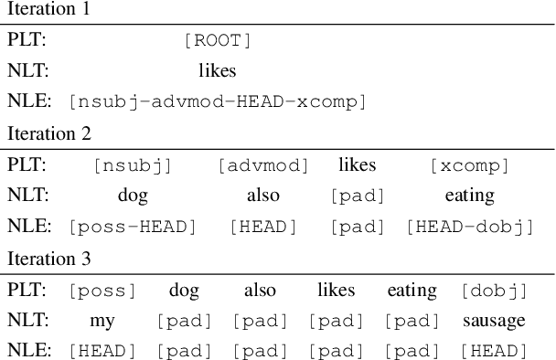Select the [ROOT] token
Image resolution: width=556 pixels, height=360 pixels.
click(217, 40)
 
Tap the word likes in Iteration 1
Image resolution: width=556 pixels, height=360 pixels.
click(217, 70)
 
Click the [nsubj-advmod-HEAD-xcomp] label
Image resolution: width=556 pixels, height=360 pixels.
click(217, 101)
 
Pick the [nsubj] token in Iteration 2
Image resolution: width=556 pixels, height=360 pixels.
click(133, 165)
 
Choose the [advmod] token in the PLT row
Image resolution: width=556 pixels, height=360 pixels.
click(263, 165)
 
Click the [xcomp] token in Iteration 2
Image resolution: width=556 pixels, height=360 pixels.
click(469, 165)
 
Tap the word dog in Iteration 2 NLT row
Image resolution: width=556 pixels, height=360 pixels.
click(133, 196)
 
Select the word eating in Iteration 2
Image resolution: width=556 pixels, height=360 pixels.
click(469, 196)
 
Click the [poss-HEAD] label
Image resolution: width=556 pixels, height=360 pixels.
click(133, 226)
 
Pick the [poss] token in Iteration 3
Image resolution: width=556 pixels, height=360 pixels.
click(102, 291)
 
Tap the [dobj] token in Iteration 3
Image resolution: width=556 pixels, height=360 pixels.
click(494, 291)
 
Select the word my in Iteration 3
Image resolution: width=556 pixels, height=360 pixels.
click(102, 321)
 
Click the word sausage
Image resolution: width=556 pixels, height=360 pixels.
click(494, 321)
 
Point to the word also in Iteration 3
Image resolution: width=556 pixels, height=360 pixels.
click(260, 291)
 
